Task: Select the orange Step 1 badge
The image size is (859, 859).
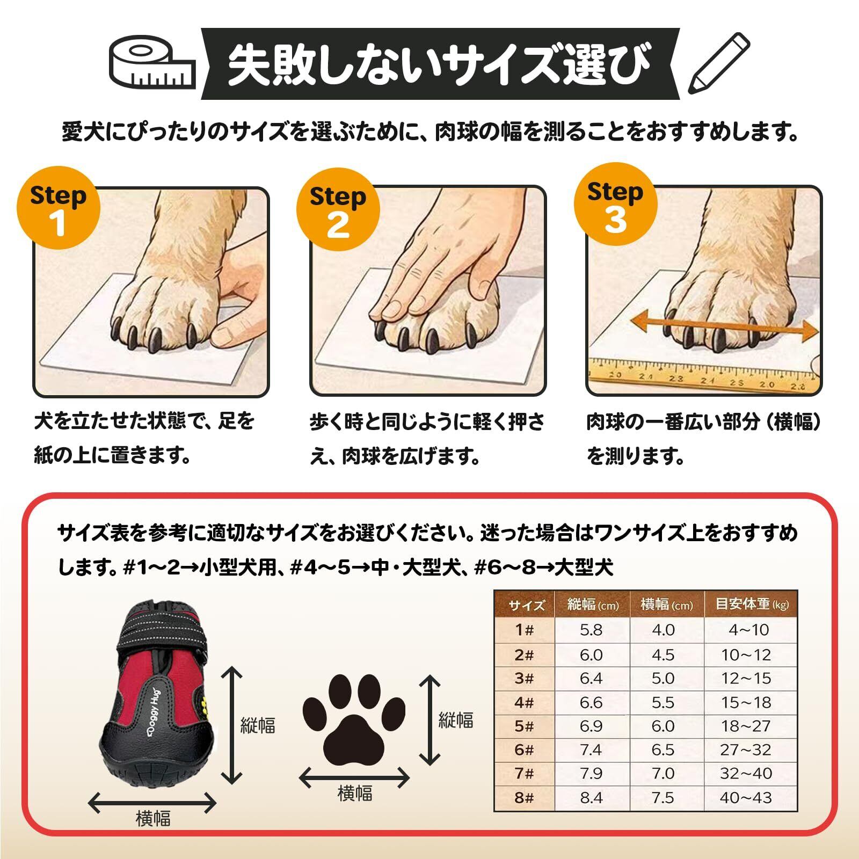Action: (x=59, y=208)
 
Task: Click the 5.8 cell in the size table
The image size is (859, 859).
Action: (x=591, y=629)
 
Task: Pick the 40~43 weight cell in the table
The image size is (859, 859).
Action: (x=746, y=797)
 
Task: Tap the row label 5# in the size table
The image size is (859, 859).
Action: (x=524, y=726)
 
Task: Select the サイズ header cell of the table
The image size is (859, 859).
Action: (x=526, y=605)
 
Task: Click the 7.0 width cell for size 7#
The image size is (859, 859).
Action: (x=663, y=774)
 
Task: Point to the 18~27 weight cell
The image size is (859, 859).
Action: (x=746, y=726)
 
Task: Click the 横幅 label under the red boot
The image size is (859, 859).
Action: (x=153, y=819)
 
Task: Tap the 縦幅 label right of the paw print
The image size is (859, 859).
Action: (x=456, y=719)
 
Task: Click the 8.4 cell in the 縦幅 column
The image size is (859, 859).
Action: (x=591, y=797)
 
